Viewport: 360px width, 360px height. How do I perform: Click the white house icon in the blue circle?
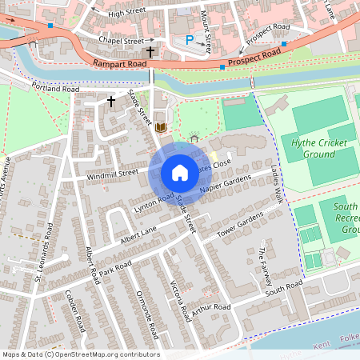180,172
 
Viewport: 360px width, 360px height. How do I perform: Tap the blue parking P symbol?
190,39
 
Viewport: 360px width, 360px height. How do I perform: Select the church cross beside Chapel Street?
150,50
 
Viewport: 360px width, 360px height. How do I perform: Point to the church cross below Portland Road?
111,101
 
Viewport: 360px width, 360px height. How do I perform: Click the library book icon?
161,127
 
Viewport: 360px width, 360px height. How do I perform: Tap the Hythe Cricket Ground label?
308,148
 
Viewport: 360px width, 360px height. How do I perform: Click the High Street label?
126,14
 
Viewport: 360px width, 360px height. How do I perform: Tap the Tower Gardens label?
240,227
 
